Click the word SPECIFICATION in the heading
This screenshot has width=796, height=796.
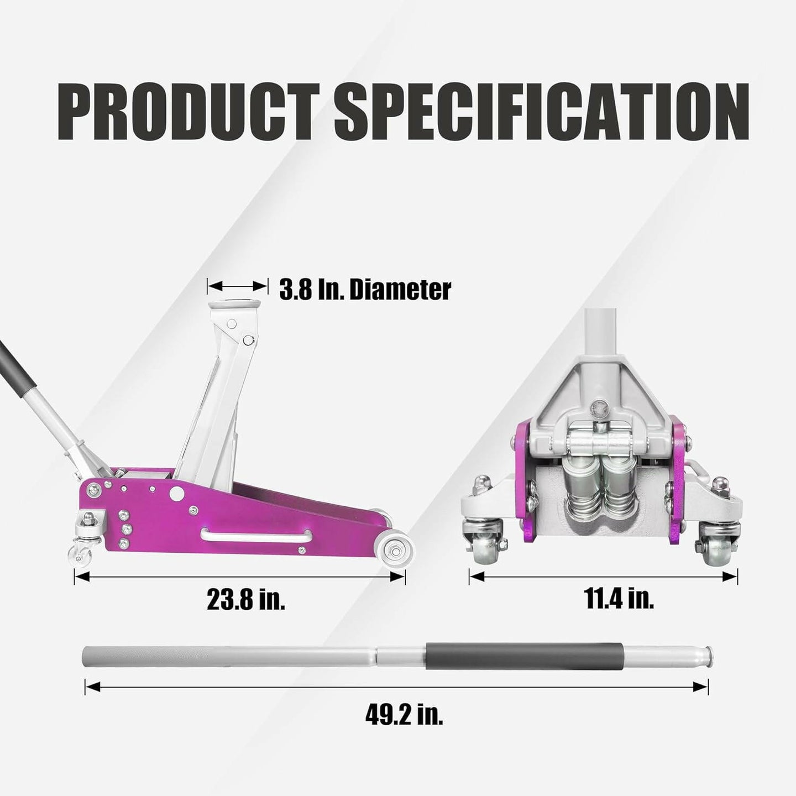[541, 111]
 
